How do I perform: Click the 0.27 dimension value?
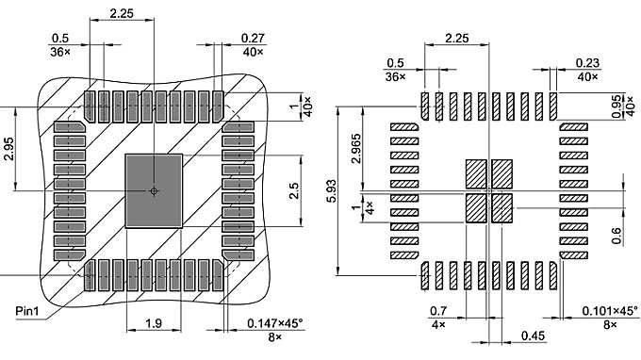[x=252, y=38]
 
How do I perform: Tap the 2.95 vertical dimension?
[x=8, y=150]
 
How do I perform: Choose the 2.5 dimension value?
[x=295, y=191]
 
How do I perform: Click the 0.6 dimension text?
[x=616, y=235]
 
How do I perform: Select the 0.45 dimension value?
[x=533, y=335]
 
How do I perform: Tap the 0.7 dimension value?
[x=437, y=311]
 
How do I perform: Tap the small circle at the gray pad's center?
[x=154, y=191]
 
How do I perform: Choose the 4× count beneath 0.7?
[x=437, y=324]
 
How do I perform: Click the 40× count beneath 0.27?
[x=252, y=52]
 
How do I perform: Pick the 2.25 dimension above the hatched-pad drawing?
[x=456, y=39]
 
